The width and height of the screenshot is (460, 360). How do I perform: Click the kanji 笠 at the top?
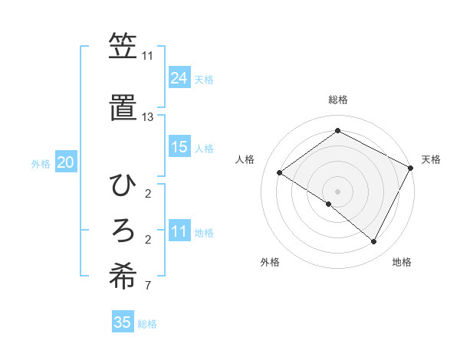click(x=122, y=47)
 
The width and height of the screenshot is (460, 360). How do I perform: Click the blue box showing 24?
click(x=179, y=78)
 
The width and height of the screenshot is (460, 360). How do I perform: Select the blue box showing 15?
click(x=179, y=148)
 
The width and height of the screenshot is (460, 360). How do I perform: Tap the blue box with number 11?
click(x=179, y=232)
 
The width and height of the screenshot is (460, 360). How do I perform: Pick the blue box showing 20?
click(x=65, y=163)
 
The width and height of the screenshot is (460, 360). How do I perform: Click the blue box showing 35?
click(x=122, y=322)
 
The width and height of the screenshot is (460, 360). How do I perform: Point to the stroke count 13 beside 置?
click(x=147, y=117)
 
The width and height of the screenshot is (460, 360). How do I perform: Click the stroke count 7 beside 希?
click(x=147, y=286)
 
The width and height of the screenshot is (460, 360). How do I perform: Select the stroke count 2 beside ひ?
click(x=147, y=193)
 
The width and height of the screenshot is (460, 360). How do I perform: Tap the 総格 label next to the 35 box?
click(x=147, y=324)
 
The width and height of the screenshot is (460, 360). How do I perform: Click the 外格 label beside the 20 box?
click(x=41, y=164)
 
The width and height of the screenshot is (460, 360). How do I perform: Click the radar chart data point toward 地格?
click(x=373, y=241)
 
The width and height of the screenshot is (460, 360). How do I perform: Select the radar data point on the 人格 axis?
click(x=280, y=172)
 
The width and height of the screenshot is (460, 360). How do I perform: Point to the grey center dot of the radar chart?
click(x=337, y=191)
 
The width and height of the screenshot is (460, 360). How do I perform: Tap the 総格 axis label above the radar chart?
click(x=337, y=100)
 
